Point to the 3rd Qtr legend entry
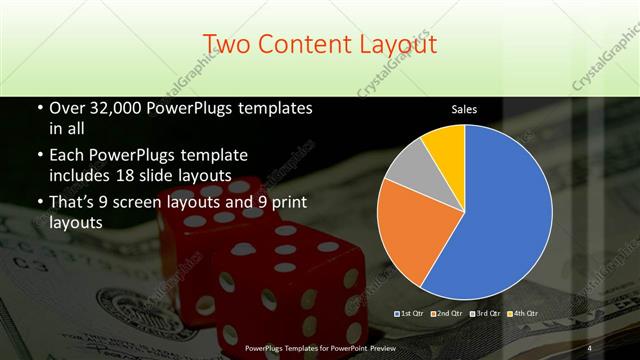pyautogui.click(x=485, y=314)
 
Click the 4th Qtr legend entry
pyautogui.click(x=521, y=314)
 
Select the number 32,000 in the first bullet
pyautogui.click(x=118, y=108)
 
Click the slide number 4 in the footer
pyautogui.click(x=590, y=347)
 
